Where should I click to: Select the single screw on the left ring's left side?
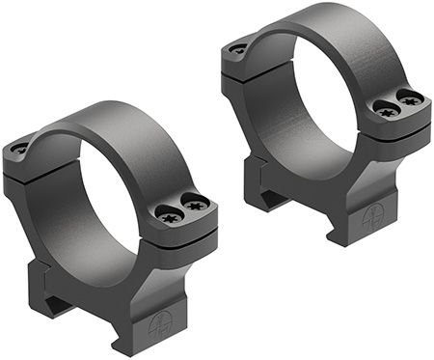click(x=20, y=150)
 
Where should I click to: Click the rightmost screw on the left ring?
click(x=196, y=204)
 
